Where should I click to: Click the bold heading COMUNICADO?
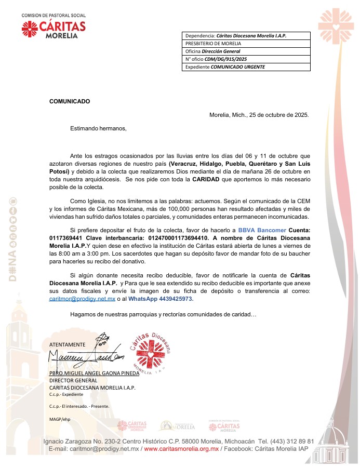pos(70,101)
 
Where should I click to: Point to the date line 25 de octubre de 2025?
pos(259,115)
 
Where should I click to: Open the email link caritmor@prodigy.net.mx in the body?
pos(82,299)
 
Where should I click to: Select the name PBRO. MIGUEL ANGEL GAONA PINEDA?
pos(94,373)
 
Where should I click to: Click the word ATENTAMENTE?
pos(67,344)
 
